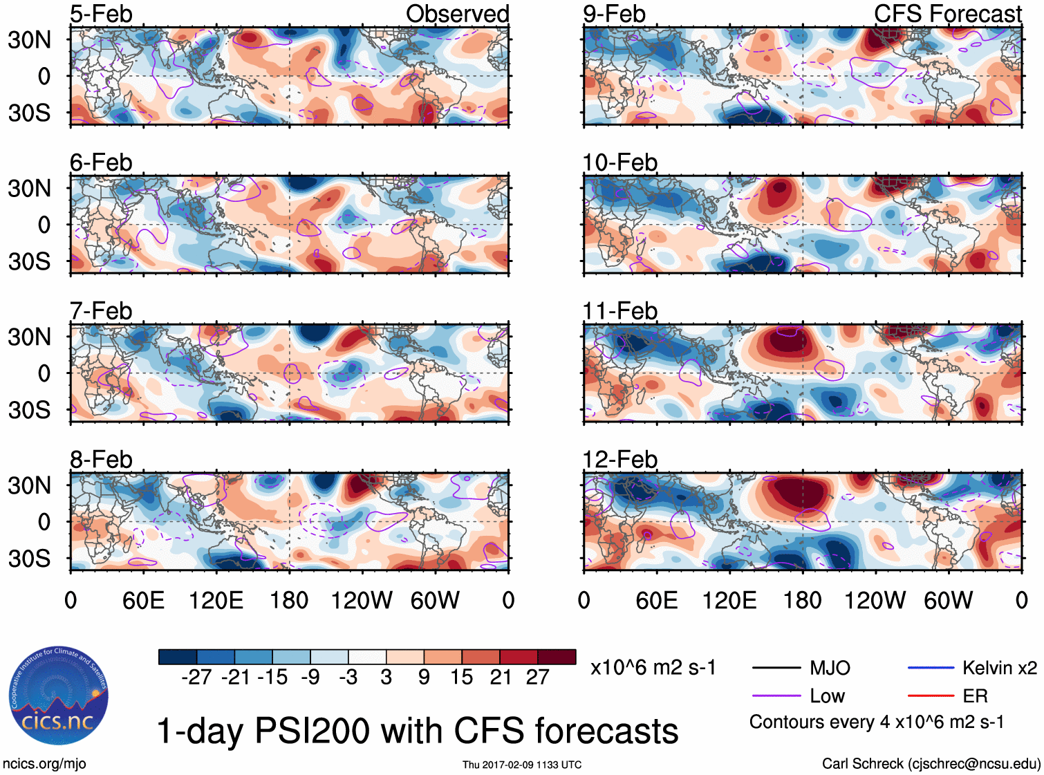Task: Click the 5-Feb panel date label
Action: click(101, 14)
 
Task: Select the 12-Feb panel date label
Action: click(619, 460)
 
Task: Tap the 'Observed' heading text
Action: click(457, 14)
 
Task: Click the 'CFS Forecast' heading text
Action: click(947, 14)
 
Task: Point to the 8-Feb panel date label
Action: click(101, 460)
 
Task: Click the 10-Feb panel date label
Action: click(619, 162)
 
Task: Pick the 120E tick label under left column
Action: click(216, 600)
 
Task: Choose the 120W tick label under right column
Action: click(875, 600)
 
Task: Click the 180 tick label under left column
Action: click(289, 600)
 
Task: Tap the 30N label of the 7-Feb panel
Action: click(30, 337)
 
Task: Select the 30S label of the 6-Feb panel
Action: click(30, 261)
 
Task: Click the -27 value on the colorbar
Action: click(196, 677)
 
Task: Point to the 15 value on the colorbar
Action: click(461, 677)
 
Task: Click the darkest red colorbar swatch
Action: click(557, 657)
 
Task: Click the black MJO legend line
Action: click(776, 668)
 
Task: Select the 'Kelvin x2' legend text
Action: click(999, 668)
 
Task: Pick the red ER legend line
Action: click(931, 695)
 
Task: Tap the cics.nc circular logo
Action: click(59, 696)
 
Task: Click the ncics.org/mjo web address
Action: click(44, 764)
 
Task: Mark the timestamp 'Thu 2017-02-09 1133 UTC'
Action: click(522, 765)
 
